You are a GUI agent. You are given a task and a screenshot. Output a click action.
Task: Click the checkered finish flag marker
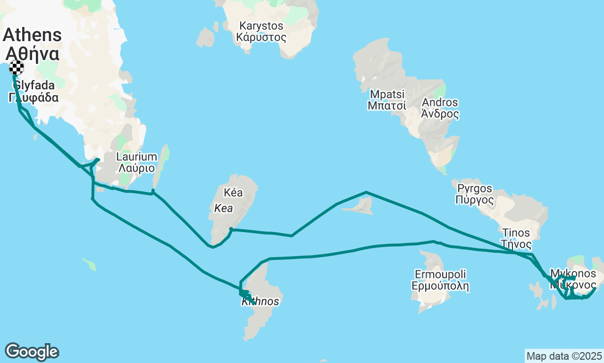(17, 68)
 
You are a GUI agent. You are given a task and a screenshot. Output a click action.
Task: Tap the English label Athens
(32, 35)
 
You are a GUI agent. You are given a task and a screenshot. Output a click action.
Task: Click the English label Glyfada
(34, 86)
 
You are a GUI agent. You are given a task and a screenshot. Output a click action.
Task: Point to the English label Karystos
(261, 26)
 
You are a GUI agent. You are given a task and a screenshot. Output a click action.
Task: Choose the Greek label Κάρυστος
(261, 37)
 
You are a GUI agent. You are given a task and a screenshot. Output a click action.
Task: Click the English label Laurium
(137, 156)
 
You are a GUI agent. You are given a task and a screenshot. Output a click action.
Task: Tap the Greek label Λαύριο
(137, 168)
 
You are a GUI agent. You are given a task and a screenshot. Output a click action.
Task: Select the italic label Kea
(223, 208)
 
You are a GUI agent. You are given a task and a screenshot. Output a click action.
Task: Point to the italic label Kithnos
(260, 302)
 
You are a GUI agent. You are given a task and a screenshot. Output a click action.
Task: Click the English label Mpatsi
(386, 93)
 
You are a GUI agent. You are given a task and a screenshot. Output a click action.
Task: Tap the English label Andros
(440, 103)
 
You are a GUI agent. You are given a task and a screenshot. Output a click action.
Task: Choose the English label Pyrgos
(474, 189)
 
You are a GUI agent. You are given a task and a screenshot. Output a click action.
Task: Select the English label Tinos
(516, 233)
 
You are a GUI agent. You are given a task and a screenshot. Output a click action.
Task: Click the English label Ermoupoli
(440, 274)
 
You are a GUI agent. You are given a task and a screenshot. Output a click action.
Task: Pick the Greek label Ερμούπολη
(440, 286)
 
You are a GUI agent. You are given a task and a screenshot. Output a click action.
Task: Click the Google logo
(32, 352)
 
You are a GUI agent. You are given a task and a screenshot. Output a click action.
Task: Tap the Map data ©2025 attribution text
(564, 356)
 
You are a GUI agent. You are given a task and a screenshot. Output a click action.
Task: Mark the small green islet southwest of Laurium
(90, 264)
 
